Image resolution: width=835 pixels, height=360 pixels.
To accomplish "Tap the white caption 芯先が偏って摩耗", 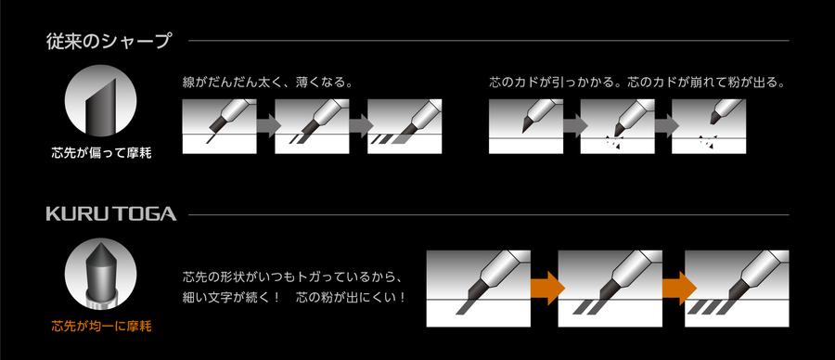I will [101, 153].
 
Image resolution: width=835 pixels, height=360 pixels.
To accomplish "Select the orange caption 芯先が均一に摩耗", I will [101, 326].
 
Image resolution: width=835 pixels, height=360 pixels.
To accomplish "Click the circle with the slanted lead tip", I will [101, 103].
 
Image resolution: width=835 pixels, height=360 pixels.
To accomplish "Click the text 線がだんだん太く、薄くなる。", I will [269, 83].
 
